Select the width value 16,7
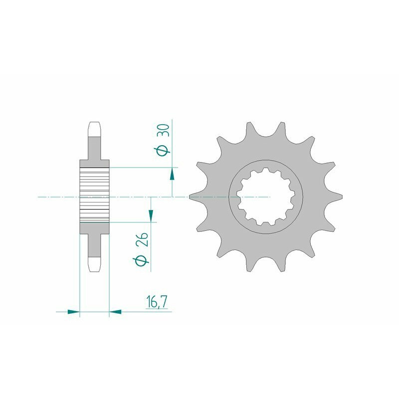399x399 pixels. [156, 303]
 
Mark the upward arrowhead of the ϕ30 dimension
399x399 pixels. [172, 173]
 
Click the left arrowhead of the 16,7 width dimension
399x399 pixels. [74, 312]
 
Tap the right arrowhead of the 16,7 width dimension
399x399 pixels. [115, 312]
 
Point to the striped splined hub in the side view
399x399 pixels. [94, 192]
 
